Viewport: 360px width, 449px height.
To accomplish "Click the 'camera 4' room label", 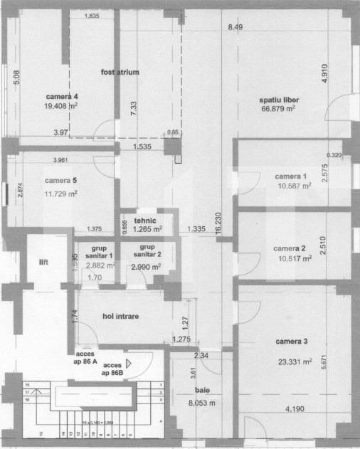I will pos(62,96).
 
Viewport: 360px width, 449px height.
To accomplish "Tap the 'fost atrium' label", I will pos(120,73).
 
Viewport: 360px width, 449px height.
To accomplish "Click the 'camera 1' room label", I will pos(291,176).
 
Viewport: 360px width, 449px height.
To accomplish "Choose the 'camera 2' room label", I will pos(290,248).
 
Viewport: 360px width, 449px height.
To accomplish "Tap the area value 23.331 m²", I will pos(292,361).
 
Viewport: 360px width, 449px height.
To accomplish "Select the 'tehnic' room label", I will pos(146,220).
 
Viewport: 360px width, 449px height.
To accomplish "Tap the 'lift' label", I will pos(44,263).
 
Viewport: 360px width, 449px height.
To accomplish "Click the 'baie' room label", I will pos(203,391).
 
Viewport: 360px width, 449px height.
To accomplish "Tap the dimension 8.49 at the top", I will pos(235,27).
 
